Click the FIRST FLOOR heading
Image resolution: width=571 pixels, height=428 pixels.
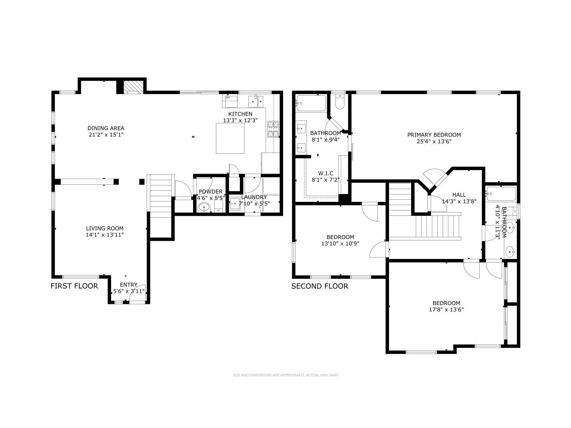[74, 286]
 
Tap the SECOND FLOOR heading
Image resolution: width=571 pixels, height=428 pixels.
[320, 286]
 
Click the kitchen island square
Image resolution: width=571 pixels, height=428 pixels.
[231, 138]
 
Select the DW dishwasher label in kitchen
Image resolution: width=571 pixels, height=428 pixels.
[228, 97]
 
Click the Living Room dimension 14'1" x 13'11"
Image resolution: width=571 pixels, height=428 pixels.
[105, 235]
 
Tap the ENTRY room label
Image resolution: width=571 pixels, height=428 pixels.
[128, 285]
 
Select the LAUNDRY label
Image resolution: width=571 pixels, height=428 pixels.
[254, 197]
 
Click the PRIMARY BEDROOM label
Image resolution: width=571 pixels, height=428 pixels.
[434, 135]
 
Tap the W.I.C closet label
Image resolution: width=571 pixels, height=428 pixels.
[325, 173]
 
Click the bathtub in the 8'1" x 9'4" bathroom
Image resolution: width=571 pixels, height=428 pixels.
[311, 103]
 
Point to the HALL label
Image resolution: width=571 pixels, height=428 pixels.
[459, 195]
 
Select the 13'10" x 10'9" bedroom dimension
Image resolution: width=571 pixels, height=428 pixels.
[340, 244]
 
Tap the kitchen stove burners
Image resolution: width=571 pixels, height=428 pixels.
[273, 129]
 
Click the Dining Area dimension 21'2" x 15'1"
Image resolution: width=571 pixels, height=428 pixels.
[106, 135]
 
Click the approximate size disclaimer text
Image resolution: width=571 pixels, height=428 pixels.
[285, 375]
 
